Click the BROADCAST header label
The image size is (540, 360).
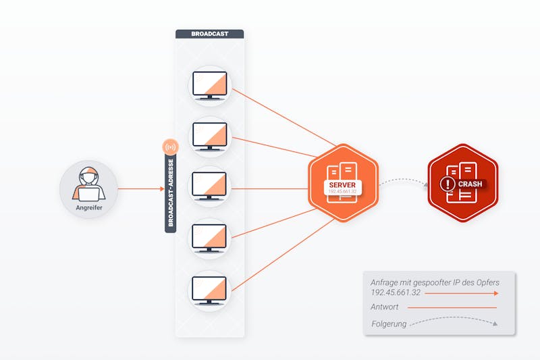210,34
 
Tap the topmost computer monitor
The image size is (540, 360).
210,85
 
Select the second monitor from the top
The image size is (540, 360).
210,136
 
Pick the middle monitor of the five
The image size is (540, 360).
209,186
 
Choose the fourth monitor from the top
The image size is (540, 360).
209,238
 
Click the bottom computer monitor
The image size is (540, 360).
209,290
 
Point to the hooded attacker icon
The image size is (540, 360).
89,184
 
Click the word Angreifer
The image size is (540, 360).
89,208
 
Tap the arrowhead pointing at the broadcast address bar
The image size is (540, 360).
162,189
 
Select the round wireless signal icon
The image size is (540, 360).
171,147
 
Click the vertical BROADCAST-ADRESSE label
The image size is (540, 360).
171,193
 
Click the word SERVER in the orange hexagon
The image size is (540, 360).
342,185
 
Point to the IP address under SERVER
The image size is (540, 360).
342,192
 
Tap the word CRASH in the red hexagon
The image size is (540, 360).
470,184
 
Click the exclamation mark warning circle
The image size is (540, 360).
448,184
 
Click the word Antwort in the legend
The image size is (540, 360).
384,307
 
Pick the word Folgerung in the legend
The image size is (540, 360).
389,324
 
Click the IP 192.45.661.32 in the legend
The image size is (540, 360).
396,292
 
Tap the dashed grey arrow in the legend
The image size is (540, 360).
454,318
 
